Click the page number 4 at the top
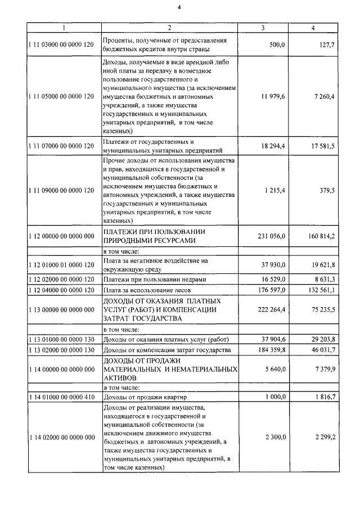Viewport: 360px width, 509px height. pos(179,7)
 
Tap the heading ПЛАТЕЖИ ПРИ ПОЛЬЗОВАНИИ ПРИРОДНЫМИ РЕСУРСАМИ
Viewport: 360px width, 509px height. pos(154,236)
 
